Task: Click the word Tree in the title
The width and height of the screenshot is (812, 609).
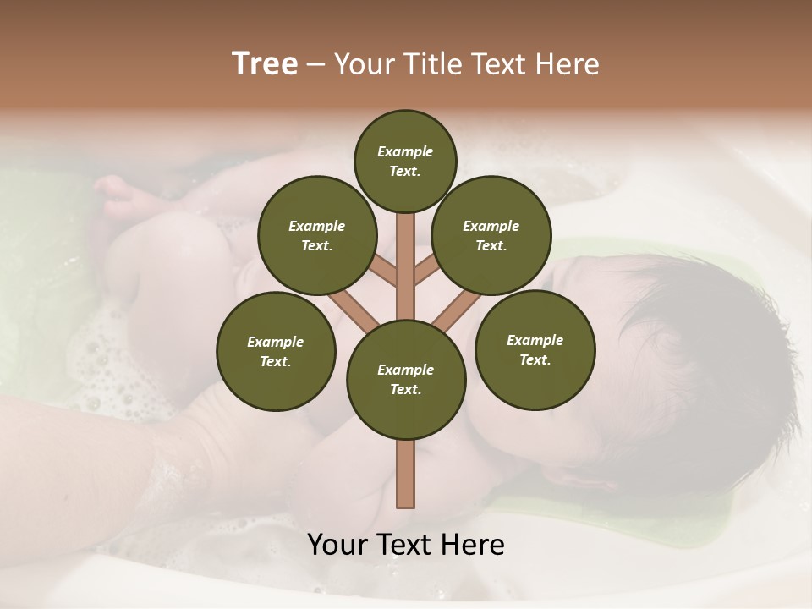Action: pyautogui.click(x=265, y=64)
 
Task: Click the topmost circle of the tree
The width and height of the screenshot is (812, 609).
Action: pyautogui.click(x=405, y=161)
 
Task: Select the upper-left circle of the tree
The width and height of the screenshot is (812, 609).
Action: pyautogui.click(x=316, y=235)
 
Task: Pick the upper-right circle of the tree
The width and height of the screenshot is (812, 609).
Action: pyautogui.click(x=491, y=235)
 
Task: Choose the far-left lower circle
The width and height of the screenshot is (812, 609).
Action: pyautogui.click(x=276, y=351)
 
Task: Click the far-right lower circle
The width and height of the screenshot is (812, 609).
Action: pyautogui.click(x=535, y=349)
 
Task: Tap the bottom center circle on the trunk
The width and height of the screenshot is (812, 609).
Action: pyautogui.click(x=406, y=379)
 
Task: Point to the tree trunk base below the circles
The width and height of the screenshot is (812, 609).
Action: pyautogui.click(x=406, y=474)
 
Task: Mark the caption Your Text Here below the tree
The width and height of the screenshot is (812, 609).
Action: pyautogui.click(x=406, y=545)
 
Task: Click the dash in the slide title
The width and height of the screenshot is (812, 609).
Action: pyautogui.click(x=316, y=65)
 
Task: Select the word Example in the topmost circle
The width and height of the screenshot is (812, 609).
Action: pyautogui.click(x=405, y=151)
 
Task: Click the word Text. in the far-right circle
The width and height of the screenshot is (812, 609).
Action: pyautogui.click(x=535, y=359)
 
